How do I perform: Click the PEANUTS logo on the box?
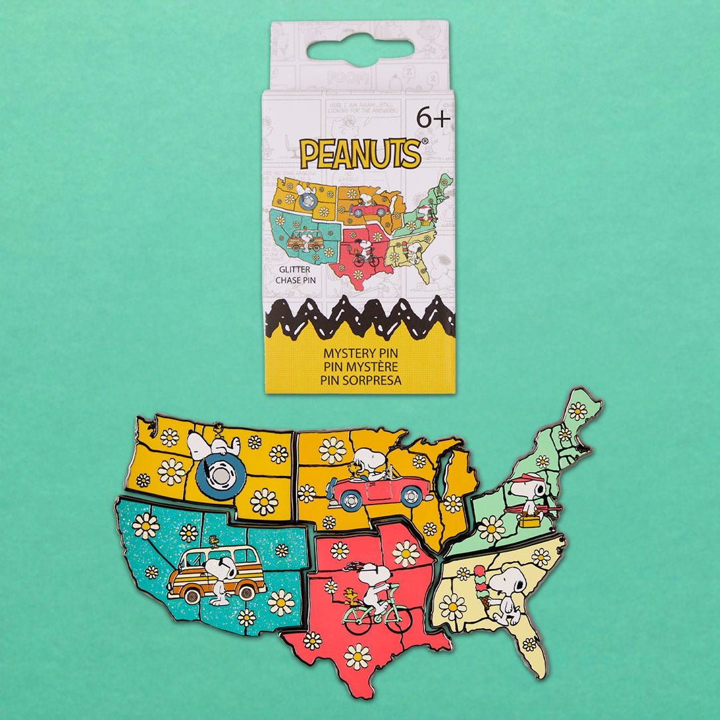point(360,153)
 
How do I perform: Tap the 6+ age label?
point(433,117)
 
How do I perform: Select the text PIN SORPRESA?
point(360,380)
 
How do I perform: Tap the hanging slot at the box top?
point(360,51)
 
